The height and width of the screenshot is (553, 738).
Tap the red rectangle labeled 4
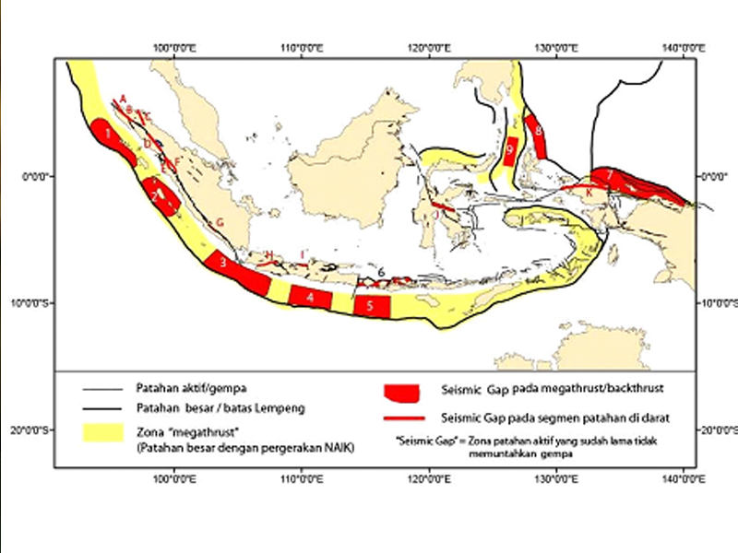point(310,297)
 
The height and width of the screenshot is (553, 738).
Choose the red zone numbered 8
point(537,137)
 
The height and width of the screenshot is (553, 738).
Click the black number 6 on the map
point(381,271)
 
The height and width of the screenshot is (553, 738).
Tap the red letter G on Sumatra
point(220,222)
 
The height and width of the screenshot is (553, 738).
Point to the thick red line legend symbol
point(411,418)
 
